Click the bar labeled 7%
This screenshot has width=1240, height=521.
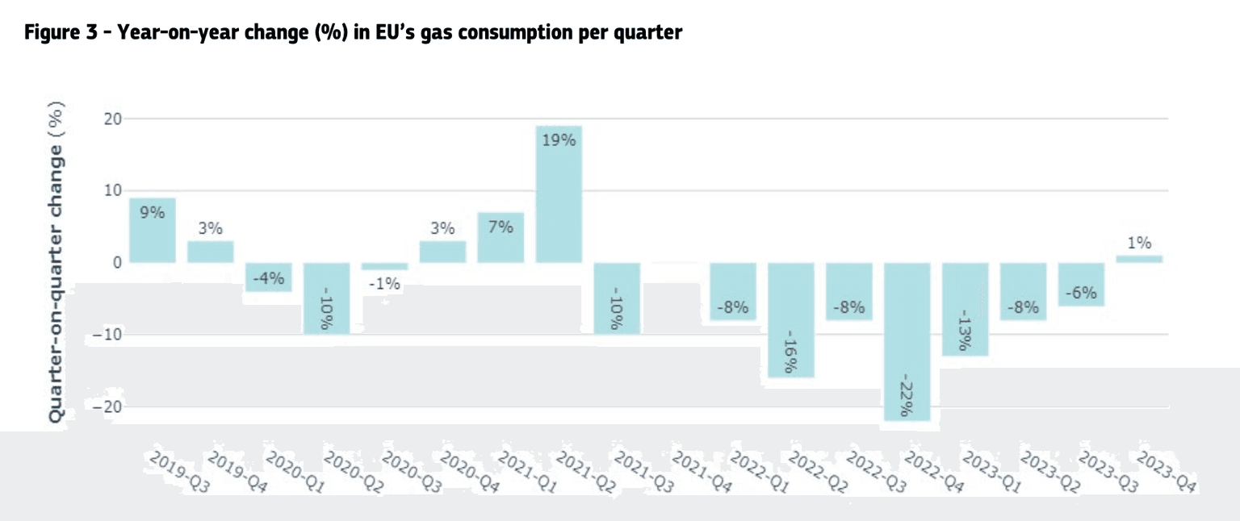(x=501, y=242)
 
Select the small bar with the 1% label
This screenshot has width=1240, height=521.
(x=1140, y=259)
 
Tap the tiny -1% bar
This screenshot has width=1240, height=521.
(x=385, y=266)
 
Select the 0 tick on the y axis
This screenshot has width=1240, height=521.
(x=117, y=263)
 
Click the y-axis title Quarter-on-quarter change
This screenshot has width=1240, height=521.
(x=57, y=262)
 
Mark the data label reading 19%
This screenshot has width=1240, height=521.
(x=559, y=140)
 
